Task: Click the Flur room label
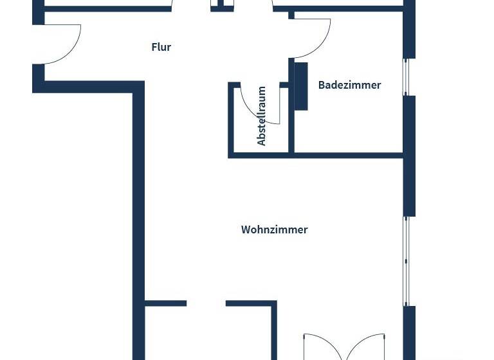[x=161, y=47]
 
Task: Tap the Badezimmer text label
[x=349, y=85]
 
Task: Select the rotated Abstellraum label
[x=262, y=116]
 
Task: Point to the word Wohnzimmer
[x=274, y=230]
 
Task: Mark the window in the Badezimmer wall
[x=406, y=77]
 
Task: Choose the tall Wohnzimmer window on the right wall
[x=406, y=260]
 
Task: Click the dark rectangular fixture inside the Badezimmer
[x=300, y=86]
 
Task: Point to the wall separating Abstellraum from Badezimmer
[x=291, y=129]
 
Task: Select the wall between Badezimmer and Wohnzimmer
[x=348, y=155]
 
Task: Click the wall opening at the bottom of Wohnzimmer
[x=206, y=303]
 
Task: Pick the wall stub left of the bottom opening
[x=166, y=303]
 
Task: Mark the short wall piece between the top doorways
[x=222, y=6]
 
